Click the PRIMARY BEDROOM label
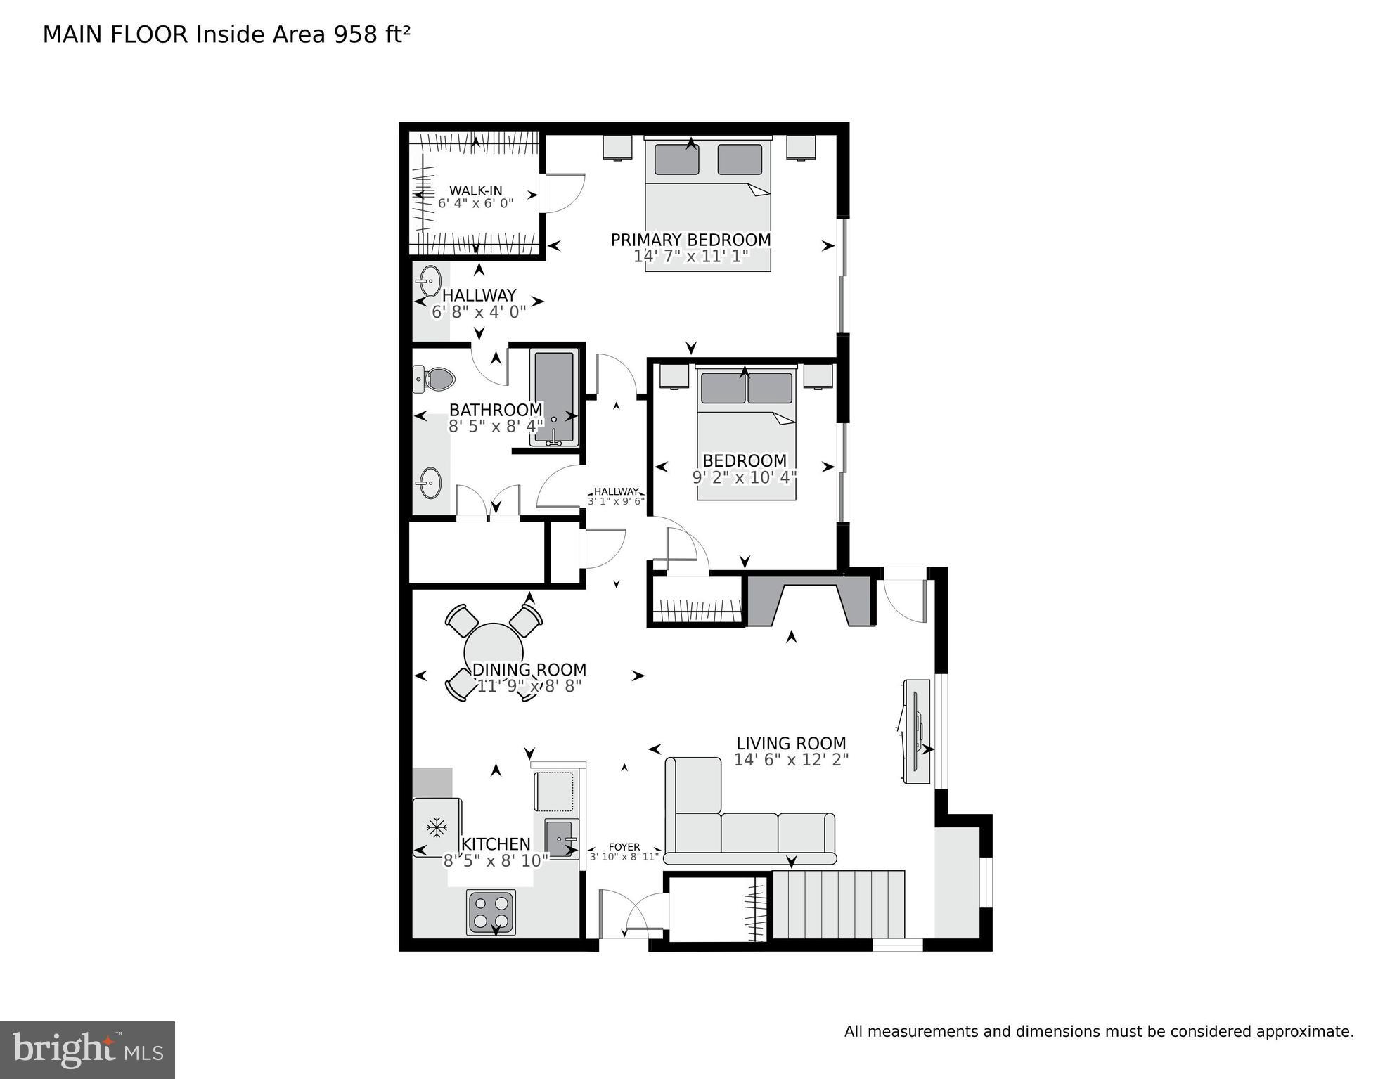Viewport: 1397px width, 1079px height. [690, 240]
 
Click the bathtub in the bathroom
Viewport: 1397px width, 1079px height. [555, 398]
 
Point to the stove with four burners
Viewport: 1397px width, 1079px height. [491, 912]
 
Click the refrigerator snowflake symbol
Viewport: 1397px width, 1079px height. [437, 827]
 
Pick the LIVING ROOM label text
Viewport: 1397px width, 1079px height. [791, 744]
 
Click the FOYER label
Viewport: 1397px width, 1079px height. [624, 847]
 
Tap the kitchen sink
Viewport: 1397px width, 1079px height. [561, 839]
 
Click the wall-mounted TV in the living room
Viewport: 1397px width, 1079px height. [917, 731]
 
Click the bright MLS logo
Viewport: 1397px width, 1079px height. [87, 1050]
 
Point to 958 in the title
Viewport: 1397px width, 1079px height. [356, 34]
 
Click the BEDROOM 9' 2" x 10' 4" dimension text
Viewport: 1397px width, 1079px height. [744, 477]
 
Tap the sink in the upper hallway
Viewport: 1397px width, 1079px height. [428, 282]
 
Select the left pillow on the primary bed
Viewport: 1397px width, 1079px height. [676, 160]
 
